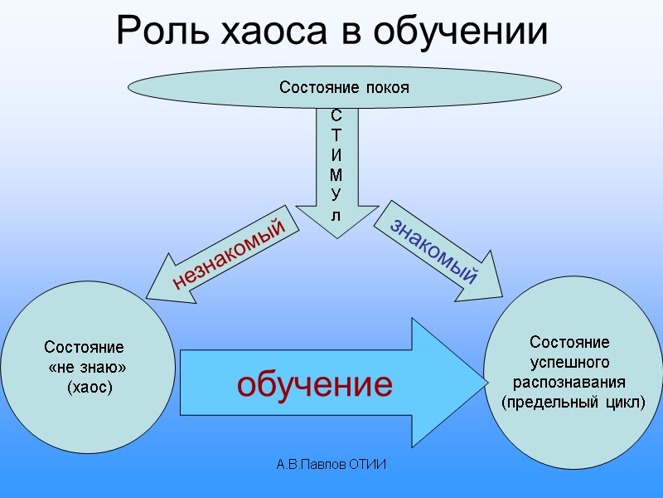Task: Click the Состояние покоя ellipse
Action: (344, 87)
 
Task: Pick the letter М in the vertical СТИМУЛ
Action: (335, 175)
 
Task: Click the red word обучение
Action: (315, 384)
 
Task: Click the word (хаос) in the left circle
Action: (90, 387)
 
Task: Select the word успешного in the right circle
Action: (570, 362)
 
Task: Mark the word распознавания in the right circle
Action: (570, 382)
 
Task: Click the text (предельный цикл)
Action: (573, 403)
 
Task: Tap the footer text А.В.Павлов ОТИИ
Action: (331, 464)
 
